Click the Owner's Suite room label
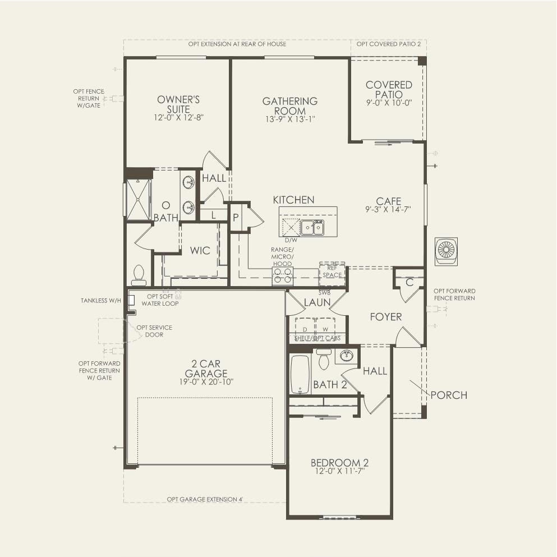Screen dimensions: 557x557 (x=178, y=104)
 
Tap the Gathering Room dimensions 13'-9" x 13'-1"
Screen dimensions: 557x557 (x=290, y=119)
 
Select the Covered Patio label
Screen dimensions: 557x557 (x=389, y=90)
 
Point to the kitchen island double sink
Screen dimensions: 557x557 (x=312, y=227)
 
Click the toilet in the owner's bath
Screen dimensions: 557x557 (x=139, y=275)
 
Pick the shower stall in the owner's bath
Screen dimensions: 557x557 (x=138, y=200)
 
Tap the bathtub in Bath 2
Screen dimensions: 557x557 (x=300, y=374)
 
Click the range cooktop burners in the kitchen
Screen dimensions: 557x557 (x=283, y=275)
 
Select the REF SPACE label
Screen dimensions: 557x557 (x=332, y=272)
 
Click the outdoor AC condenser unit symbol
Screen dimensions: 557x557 (x=446, y=251)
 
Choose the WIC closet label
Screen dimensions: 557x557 (x=200, y=250)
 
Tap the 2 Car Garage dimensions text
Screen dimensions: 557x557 (x=205, y=382)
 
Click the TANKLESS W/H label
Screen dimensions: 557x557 (x=101, y=301)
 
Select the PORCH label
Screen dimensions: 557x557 (x=449, y=395)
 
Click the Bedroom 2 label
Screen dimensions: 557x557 (x=339, y=463)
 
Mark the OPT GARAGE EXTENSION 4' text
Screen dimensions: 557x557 (x=204, y=499)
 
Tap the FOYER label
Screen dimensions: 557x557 (x=385, y=317)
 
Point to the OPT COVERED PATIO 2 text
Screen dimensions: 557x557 (x=388, y=44)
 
